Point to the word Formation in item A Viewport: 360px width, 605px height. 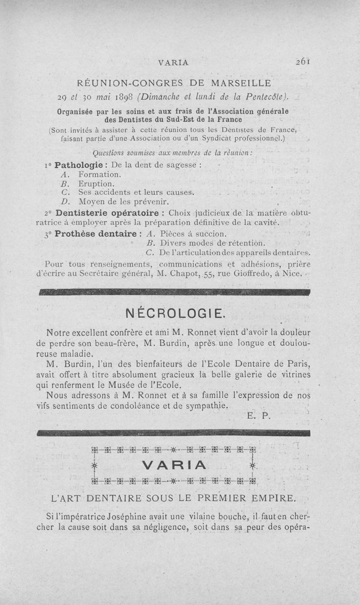(x=99, y=174)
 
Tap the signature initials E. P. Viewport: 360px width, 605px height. (x=259, y=416)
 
